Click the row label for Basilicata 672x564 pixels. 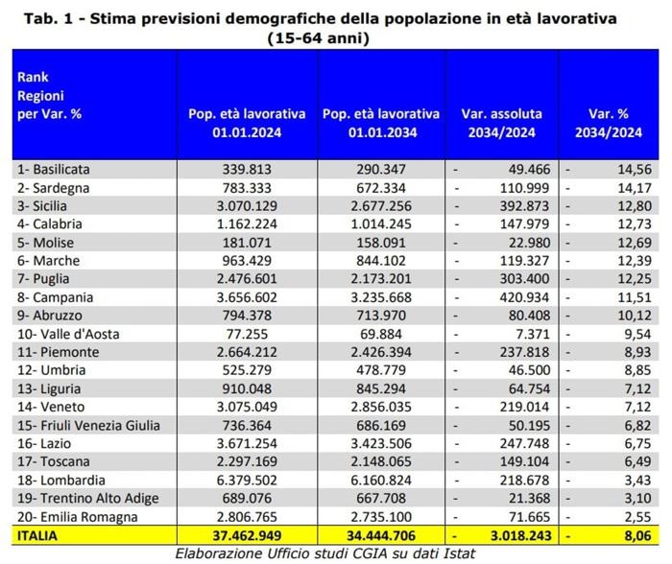(x=54, y=169)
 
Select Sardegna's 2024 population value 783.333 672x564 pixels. (x=247, y=188)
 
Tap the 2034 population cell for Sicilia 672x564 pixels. (x=381, y=206)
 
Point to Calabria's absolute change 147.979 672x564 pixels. (x=524, y=224)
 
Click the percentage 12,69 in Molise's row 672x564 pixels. (x=635, y=243)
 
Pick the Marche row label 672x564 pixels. (x=48, y=260)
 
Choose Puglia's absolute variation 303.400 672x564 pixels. (x=524, y=279)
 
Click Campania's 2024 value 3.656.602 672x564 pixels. (x=247, y=297)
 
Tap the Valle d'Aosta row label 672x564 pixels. (x=68, y=334)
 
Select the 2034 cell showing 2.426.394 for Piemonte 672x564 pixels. (x=381, y=352)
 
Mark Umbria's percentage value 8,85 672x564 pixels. (x=637, y=370)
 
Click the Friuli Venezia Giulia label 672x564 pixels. (x=88, y=425)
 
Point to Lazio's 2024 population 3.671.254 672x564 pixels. (x=247, y=443)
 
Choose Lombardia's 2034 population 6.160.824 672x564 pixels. (x=381, y=480)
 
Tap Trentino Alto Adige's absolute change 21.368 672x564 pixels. (x=529, y=498)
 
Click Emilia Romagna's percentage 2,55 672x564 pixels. (x=637, y=517)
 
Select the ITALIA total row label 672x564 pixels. (x=36, y=536)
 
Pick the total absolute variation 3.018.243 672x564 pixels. (x=520, y=536)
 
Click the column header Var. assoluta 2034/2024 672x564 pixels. (x=501, y=123)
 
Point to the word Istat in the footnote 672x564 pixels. (x=459, y=553)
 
